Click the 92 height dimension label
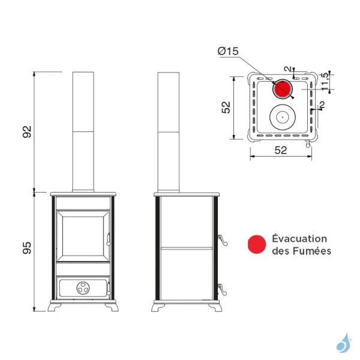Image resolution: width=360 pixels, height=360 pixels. pos(27,131)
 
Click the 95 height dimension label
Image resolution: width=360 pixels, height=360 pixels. pos(27,248)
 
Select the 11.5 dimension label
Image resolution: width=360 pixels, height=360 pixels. pos(325,82)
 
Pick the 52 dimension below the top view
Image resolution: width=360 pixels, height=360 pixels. pos(280,151)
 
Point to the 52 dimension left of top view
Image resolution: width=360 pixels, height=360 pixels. pos(226,107)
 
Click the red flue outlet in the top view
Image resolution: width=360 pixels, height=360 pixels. pos(281,89)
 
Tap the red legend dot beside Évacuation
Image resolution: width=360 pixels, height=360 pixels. pos(256,244)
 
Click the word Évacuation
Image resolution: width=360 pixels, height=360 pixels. pos(300,239)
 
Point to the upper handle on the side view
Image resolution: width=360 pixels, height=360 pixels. pos(223,240)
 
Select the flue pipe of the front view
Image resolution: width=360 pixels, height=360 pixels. pos(83,132)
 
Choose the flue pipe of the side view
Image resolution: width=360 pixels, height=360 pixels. pos(168,132)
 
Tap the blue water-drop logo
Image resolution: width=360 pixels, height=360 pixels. pos(344,343)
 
